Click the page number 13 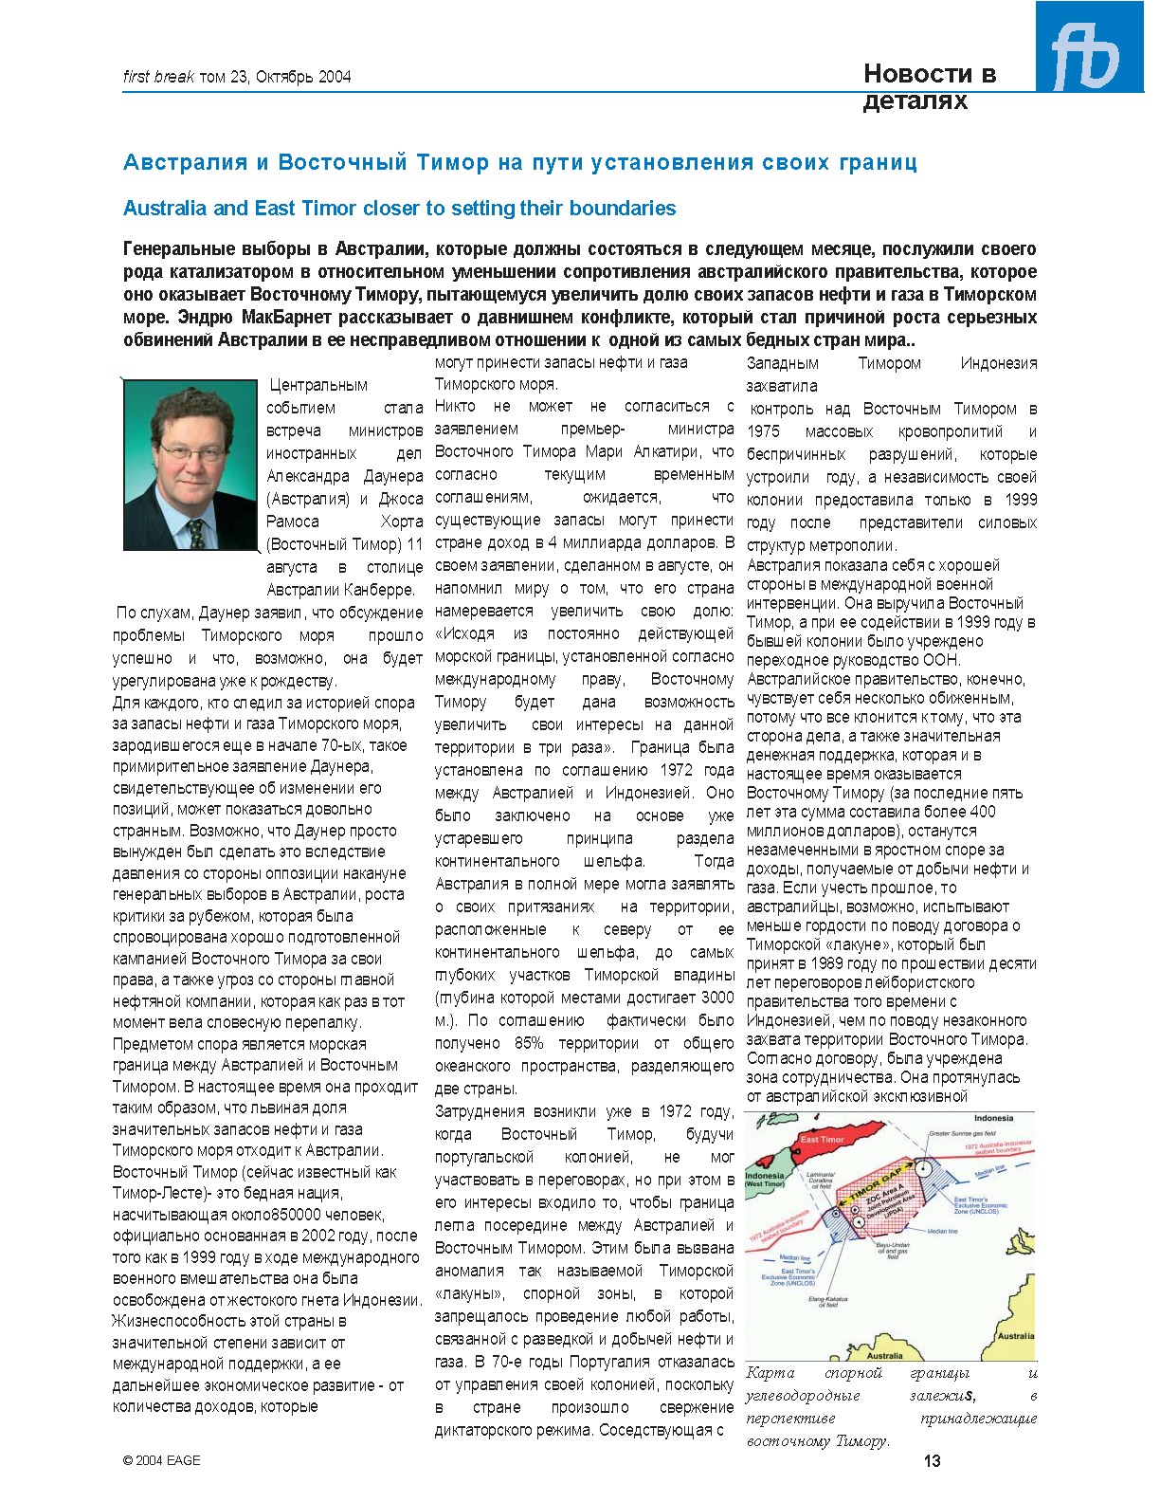pyautogui.click(x=932, y=1460)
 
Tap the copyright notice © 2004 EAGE pyautogui.click(x=161, y=1460)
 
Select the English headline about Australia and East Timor pyautogui.click(x=399, y=209)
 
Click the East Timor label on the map pyautogui.click(x=822, y=1139)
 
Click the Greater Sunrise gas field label pyautogui.click(x=962, y=1133)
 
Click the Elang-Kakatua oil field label pyautogui.click(x=827, y=1302)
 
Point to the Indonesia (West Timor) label pyautogui.click(x=765, y=1180)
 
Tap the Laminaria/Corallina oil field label pyautogui.click(x=821, y=1180)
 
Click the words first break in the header pyautogui.click(x=158, y=77)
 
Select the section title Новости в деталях pyautogui.click(x=929, y=86)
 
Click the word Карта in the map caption pyautogui.click(x=770, y=1373)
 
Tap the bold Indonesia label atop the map pyautogui.click(x=993, y=1118)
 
